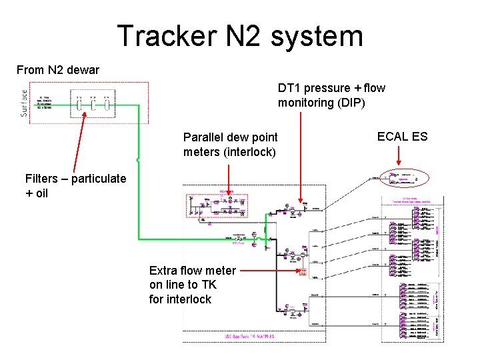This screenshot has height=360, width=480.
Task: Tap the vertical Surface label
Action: click(x=25, y=103)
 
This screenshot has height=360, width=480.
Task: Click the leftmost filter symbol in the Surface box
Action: click(x=79, y=105)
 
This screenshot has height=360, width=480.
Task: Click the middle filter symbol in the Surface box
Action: click(x=93, y=105)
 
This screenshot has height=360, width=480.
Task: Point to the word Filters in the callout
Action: click(x=47, y=179)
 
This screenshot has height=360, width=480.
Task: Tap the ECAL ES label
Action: click(x=402, y=137)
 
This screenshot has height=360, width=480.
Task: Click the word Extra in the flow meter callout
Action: click(x=164, y=270)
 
